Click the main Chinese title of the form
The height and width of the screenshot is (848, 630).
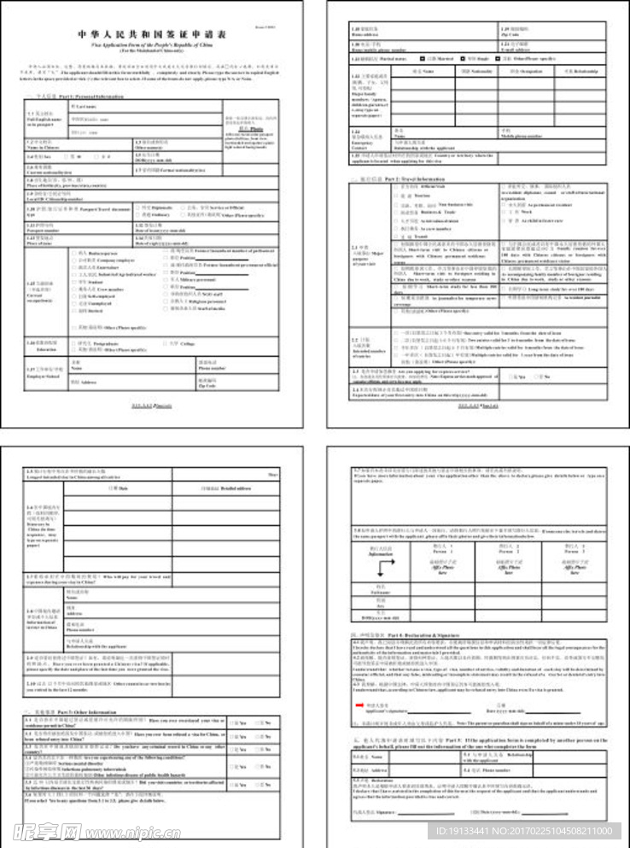153,35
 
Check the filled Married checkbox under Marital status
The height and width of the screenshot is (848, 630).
422,59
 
